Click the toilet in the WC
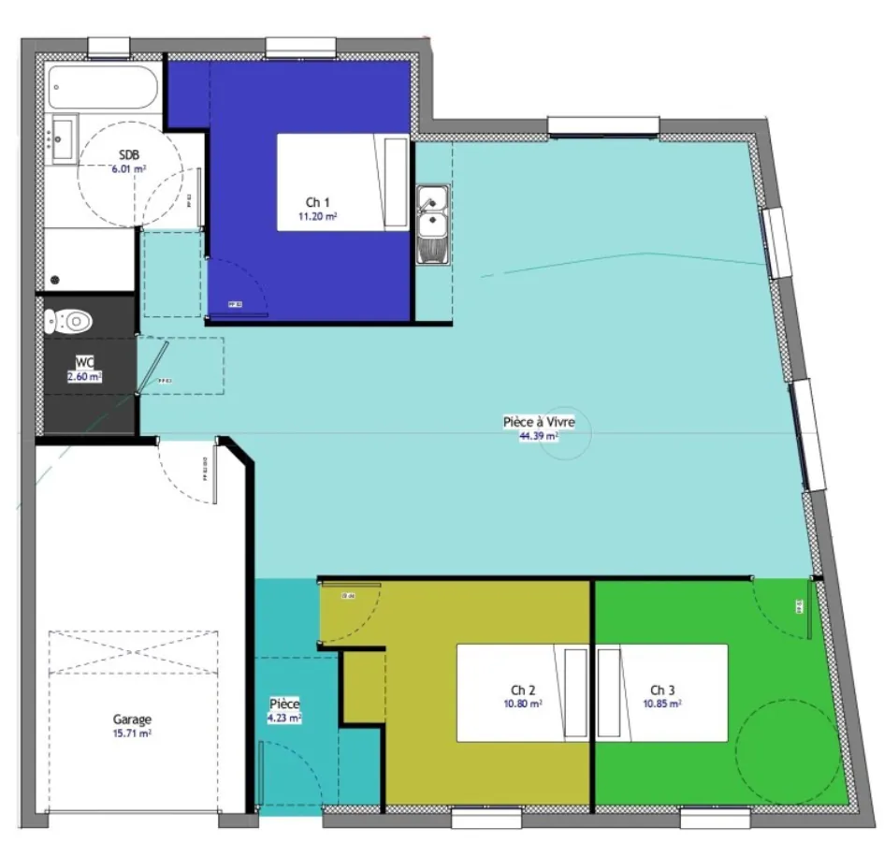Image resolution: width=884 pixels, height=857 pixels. (71, 322)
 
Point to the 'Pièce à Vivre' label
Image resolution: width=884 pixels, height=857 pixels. (539, 422)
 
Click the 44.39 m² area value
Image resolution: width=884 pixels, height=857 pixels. (539, 435)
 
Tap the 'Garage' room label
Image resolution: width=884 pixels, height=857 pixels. (132, 719)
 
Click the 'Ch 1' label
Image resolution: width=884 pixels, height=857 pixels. (318, 202)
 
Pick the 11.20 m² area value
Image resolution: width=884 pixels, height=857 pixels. (318, 216)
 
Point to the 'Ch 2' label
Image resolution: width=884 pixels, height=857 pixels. (511, 690)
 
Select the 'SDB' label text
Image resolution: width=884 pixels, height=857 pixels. (129, 155)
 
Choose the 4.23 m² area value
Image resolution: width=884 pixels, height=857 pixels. (284, 718)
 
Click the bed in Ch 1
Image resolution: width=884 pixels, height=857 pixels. (342, 182)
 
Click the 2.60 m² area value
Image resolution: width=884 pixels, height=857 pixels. (84, 376)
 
